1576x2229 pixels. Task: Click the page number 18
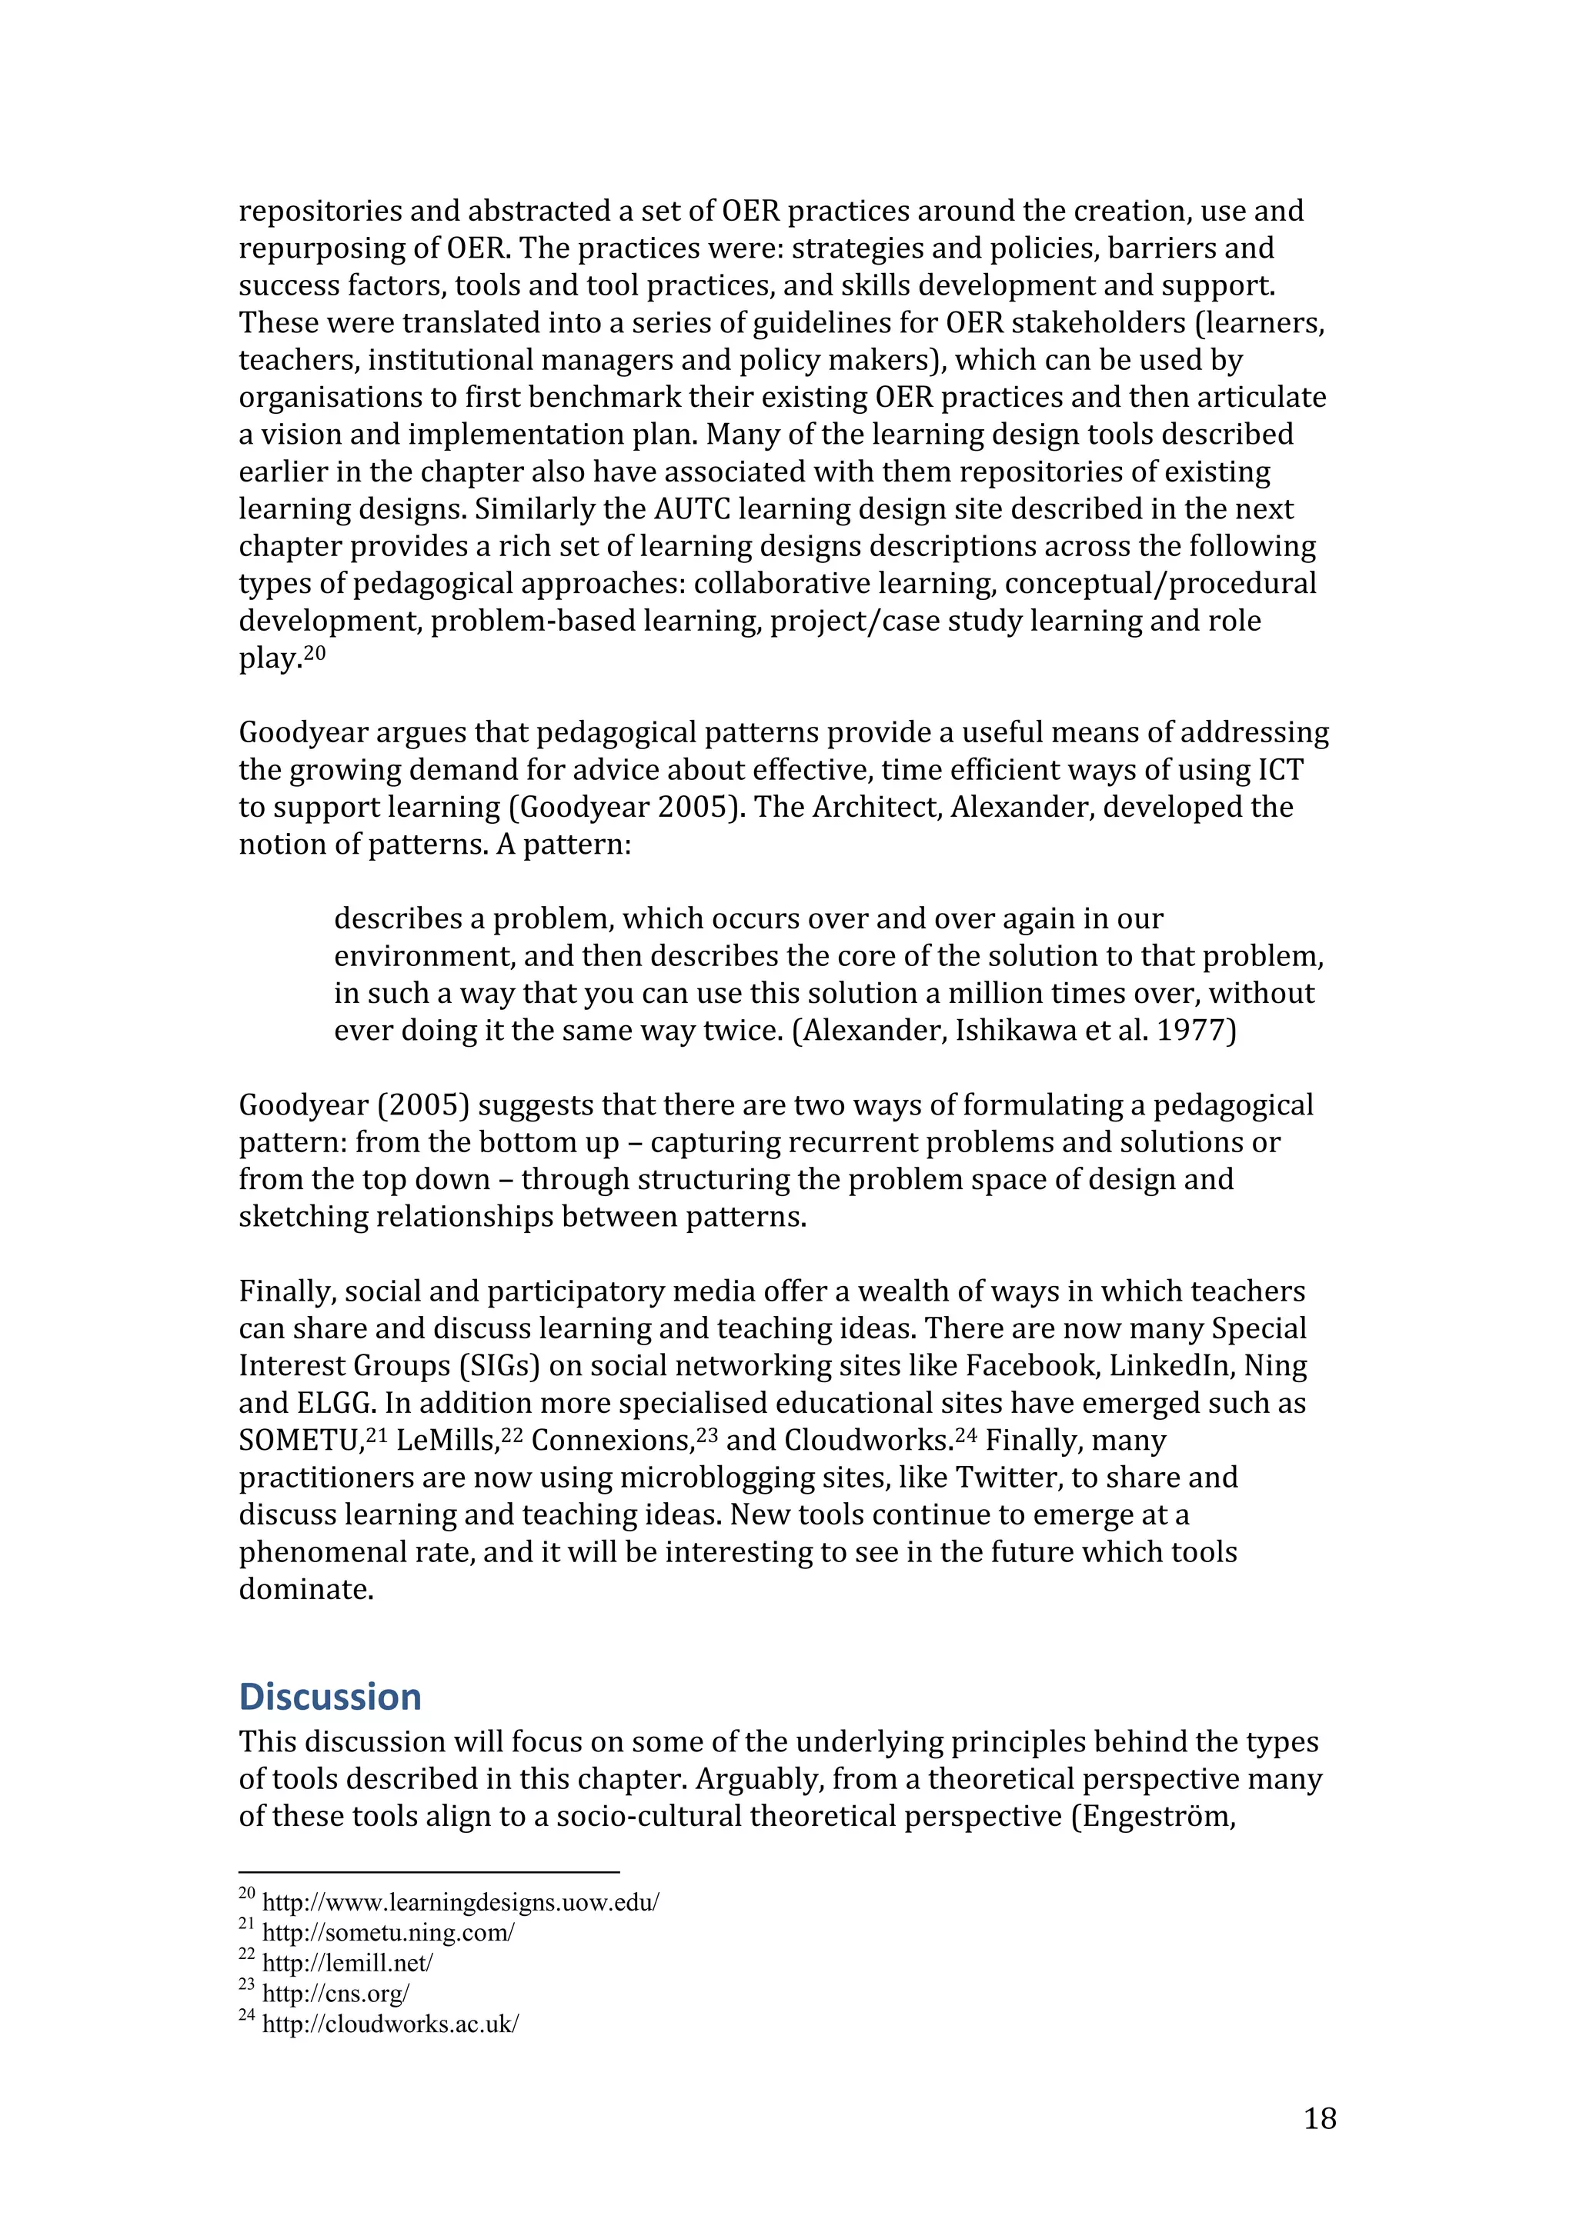[x=1320, y=2118]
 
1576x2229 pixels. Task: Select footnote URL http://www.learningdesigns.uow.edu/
[x=460, y=1902]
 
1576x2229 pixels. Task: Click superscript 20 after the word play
[x=315, y=652]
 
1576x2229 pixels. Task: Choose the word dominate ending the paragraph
[x=305, y=1589]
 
